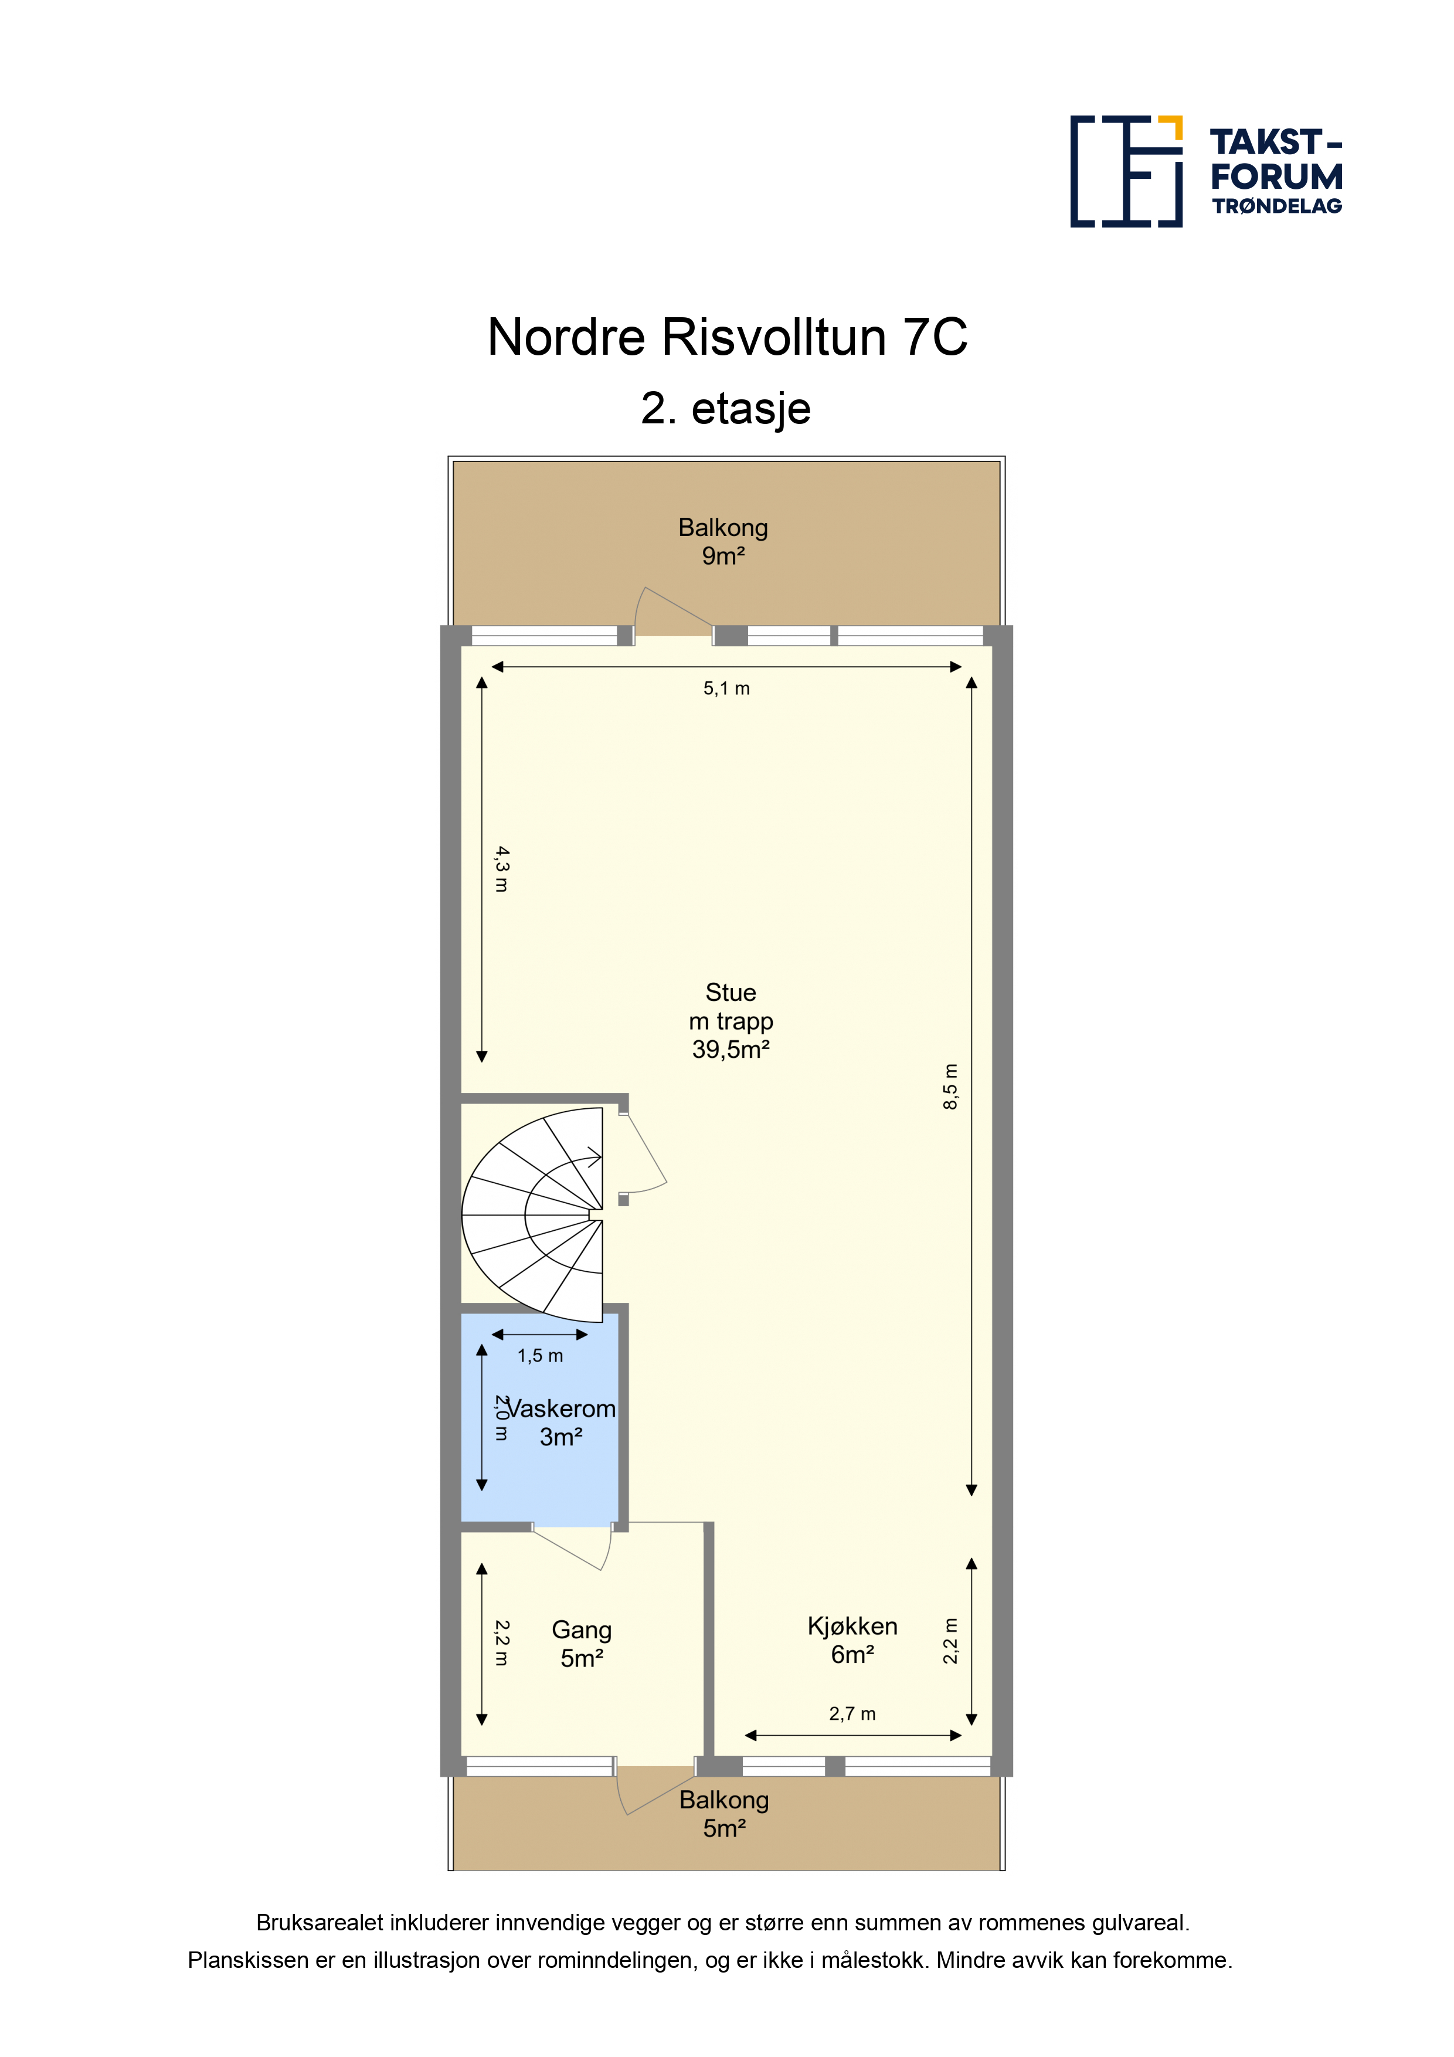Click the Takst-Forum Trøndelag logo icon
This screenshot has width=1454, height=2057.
[1126, 171]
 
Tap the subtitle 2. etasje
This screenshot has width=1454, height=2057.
[726, 409]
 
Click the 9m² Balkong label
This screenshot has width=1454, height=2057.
[723, 541]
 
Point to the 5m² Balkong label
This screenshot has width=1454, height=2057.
[724, 1814]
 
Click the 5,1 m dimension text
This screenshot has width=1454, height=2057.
[726, 689]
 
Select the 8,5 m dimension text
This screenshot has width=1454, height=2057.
[950, 1087]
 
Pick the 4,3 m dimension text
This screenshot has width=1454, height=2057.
[502, 869]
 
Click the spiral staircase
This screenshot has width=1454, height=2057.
[532, 1215]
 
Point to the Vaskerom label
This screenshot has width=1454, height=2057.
[562, 1409]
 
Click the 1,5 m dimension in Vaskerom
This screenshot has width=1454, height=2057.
[540, 1356]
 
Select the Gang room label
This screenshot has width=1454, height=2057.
[582, 1644]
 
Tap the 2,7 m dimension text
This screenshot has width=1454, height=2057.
[852, 1714]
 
